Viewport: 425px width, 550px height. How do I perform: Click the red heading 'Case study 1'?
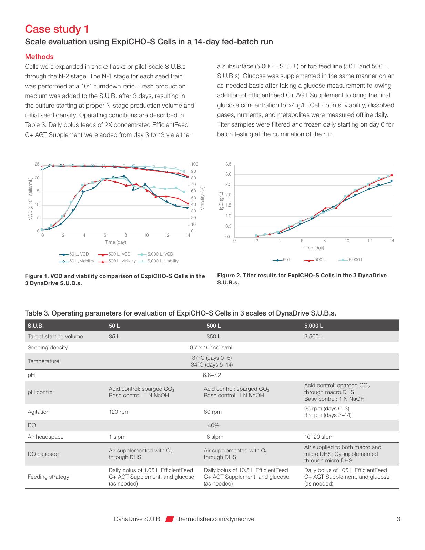[x=57, y=29]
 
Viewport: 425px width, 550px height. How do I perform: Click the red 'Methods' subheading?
[x=39, y=57]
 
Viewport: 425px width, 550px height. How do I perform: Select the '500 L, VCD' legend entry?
[x=114, y=254]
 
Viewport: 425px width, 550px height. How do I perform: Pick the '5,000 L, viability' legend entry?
[x=158, y=261]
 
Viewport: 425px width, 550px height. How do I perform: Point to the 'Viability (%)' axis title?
[x=202, y=198]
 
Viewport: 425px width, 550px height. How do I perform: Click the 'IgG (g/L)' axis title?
[x=221, y=201]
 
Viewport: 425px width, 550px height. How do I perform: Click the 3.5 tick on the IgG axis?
[x=228, y=164]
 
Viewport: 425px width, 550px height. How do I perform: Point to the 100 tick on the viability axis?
[x=194, y=164]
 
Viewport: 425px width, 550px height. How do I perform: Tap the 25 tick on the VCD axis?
[x=37, y=164]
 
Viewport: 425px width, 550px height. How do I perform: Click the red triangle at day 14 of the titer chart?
[x=392, y=174]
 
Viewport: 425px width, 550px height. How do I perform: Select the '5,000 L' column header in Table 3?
[x=313, y=326]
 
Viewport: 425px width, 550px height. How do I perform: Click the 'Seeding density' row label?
[x=48, y=348]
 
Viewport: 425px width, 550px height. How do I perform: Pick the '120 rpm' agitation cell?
[x=119, y=412]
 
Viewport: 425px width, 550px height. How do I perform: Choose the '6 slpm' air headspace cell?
[x=215, y=437]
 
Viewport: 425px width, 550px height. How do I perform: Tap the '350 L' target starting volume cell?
[x=213, y=337]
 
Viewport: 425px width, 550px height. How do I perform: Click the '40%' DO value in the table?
[x=213, y=426]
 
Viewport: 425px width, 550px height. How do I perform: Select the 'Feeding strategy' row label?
[x=48, y=477]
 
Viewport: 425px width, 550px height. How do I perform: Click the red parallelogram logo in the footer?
[x=170, y=519]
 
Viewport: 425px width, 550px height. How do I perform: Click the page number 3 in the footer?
[x=398, y=519]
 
